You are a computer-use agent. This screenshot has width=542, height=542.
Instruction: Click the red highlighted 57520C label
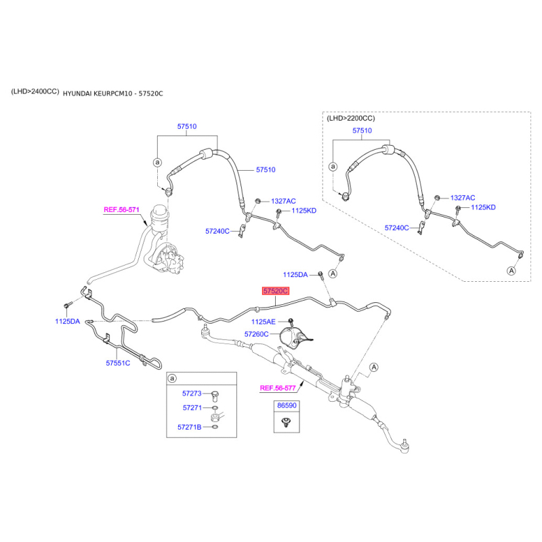tap(276, 291)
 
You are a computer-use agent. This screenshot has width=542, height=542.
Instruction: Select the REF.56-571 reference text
tap(121, 210)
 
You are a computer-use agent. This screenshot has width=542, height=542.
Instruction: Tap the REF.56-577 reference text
tap(278, 388)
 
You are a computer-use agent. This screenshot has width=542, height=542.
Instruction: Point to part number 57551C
tap(117, 363)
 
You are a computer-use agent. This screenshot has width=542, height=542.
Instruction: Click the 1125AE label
tap(264, 321)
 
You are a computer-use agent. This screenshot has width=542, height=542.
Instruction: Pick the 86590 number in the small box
tap(286, 406)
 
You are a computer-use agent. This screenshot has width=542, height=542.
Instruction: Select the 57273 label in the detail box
tap(192, 393)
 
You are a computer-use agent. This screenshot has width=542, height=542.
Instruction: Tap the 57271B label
tap(190, 428)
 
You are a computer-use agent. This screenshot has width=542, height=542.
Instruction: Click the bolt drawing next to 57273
tap(215, 394)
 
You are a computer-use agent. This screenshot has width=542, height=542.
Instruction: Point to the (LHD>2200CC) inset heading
tap(350, 118)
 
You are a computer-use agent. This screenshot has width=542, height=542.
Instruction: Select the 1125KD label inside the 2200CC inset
tap(483, 207)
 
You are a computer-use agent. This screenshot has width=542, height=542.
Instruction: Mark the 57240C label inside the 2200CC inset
tap(397, 228)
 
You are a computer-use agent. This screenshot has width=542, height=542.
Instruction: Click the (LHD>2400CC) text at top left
tap(35, 91)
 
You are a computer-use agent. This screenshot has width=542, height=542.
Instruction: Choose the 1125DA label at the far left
tap(68, 321)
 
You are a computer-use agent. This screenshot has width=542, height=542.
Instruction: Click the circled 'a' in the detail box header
tap(173, 377)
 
